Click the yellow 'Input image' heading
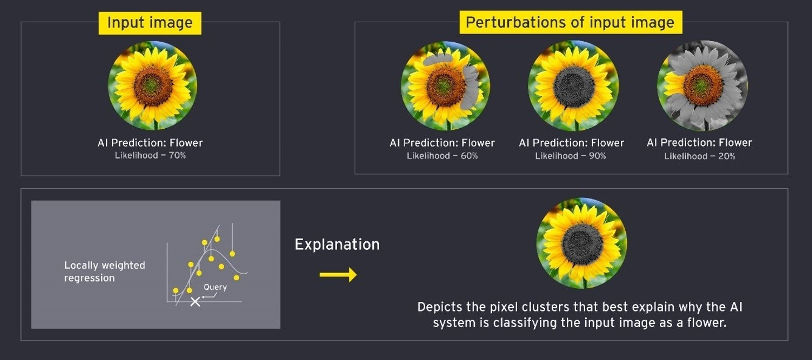pos(150,23)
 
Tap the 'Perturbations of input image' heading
pos(570,22)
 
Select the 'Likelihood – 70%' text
pos(150,155)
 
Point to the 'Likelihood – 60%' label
pos(442,156)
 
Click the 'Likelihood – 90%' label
pos(570,156)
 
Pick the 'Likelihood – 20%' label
pos(699,156)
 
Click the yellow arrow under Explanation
pos(338,275)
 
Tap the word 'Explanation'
pos(337,245)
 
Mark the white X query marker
pos(195,301)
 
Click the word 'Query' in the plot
pos(215,287)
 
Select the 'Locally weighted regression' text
pos(104,271)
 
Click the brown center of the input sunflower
pos(153,86)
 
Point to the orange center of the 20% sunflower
pos(703,86)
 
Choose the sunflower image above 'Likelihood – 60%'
pos(445,86)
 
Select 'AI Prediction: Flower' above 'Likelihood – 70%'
pos(150,143)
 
